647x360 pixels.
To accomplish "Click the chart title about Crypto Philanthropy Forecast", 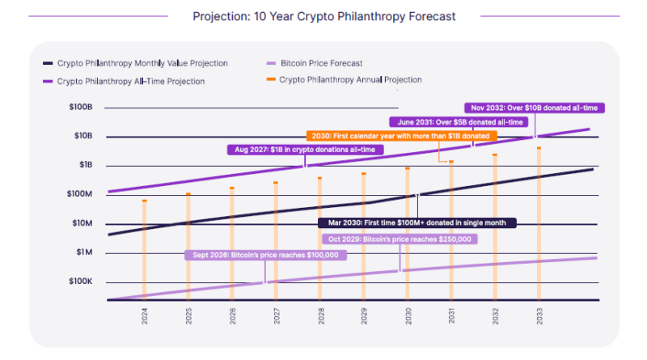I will click(323, 16).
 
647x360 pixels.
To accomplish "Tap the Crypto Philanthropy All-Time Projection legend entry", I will click(129, 81).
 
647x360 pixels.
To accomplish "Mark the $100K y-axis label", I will click(81, 282).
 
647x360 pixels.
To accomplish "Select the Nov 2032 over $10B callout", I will click(534, 107).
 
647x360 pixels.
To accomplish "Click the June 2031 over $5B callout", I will click(459, 122).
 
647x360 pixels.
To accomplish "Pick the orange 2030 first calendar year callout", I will click(401, 136).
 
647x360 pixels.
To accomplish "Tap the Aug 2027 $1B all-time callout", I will click(305, 150).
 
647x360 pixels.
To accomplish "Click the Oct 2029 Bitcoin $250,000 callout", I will click(400, 239).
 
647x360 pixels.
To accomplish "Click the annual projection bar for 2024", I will click(145, 251).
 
